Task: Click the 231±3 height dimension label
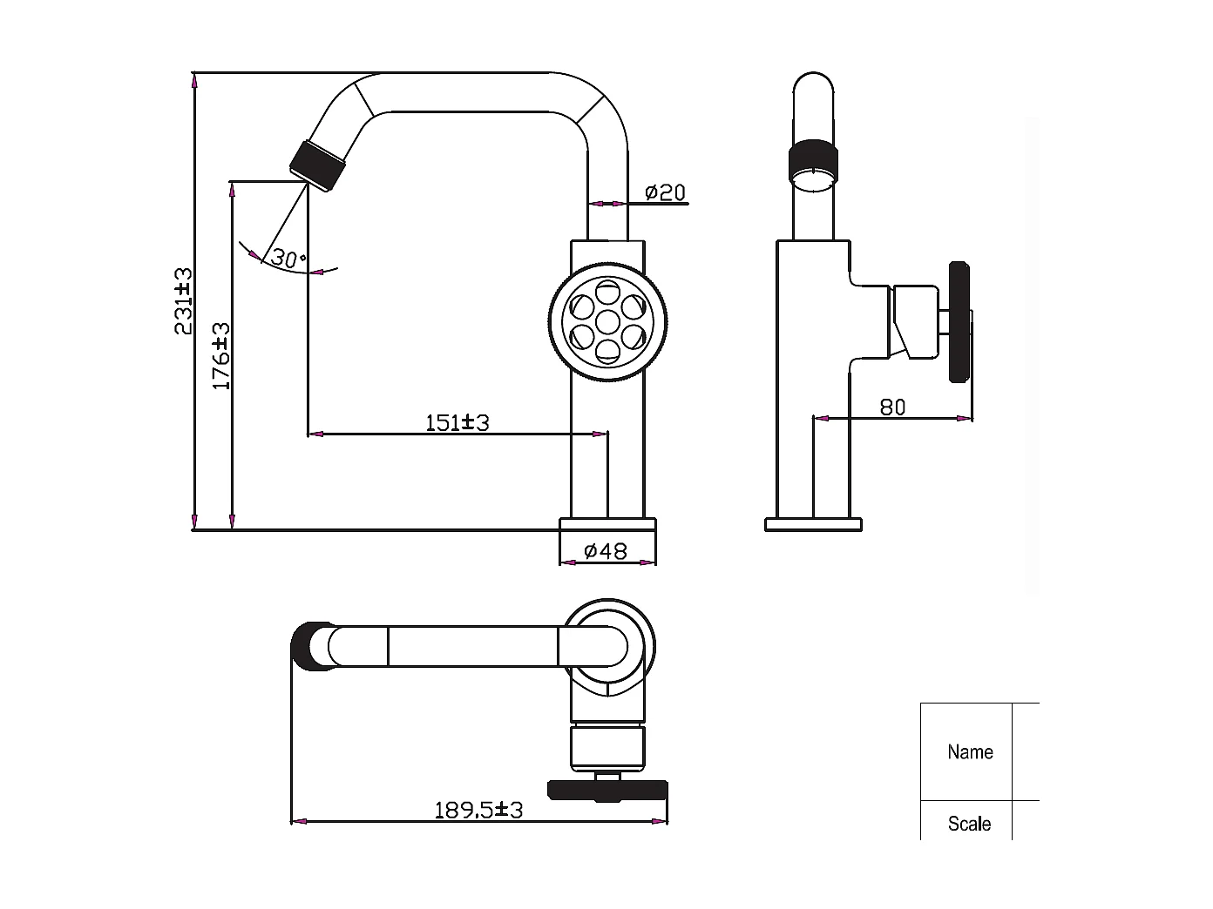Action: (x=183, y=301)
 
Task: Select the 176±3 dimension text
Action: (x=221, y=356)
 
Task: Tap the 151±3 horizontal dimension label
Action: (x=457, y=423)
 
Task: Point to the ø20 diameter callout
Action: (x=666, y=192)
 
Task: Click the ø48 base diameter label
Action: (x=606, y=551)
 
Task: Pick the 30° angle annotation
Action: (x=288, y=259)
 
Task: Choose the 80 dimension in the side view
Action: (x=892, y=407)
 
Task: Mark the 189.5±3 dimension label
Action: (x=478, y=810)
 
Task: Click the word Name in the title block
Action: (x=970, y=751)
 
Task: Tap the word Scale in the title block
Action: (x=969, y=824)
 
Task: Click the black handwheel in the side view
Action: (x=959, y=321)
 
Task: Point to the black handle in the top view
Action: (x=607, y=790)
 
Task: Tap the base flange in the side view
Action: (x=813, y=524)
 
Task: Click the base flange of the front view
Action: (x=607, y=524)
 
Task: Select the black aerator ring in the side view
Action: (x=814, y=162)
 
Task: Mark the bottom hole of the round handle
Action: (x=607, y=349)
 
